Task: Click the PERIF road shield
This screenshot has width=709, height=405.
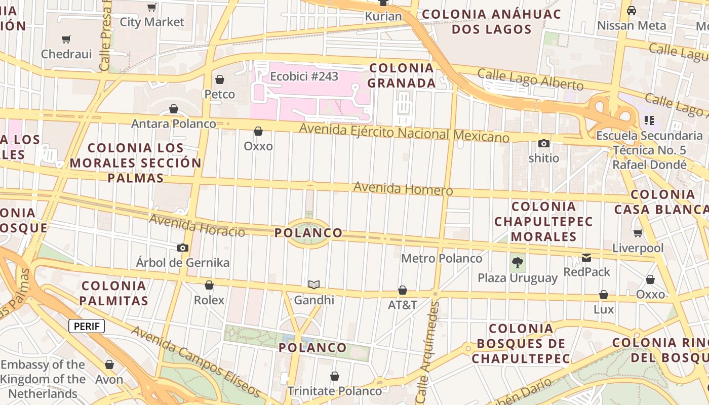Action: pos(87,326)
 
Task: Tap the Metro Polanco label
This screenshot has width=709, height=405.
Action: pos(442,258)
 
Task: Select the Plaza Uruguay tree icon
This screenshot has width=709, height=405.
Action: pos(517,262)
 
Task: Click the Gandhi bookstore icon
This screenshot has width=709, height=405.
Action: pos(314,285)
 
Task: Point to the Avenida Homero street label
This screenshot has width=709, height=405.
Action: pos(403,188)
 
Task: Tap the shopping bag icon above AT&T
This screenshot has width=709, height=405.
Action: pos(403,290)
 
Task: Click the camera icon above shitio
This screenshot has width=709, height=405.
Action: pos(544,143)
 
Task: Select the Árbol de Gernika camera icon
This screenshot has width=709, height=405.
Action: pos(183,248)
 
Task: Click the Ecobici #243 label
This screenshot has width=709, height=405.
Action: pos(304,76)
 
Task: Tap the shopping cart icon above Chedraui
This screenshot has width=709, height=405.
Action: pos(66,39)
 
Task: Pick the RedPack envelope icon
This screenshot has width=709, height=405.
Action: pos(586,257)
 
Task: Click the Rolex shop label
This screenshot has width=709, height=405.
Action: pos(209,300)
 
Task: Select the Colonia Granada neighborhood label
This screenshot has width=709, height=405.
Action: pos(401,75)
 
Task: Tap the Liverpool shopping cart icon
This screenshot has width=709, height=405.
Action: pos(638,233)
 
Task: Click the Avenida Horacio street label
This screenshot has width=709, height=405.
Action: pos(197,225)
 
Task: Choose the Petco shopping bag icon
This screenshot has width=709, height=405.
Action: pos(220,79)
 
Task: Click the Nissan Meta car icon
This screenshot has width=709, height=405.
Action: pos(632,11)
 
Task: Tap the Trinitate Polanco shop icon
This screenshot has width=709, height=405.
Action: pos(334,376)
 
